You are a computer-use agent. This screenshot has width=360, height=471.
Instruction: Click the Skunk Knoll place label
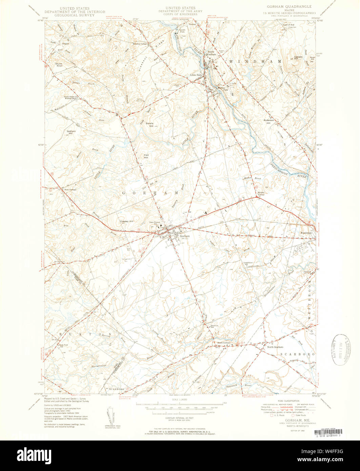(x=59, y=64)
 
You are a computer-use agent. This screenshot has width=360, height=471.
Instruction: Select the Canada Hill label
(x=298, y=58)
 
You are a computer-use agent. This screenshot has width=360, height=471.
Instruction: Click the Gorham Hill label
(x=71, y=132)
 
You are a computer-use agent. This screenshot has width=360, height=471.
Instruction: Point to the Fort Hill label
(x=146, y=157)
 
